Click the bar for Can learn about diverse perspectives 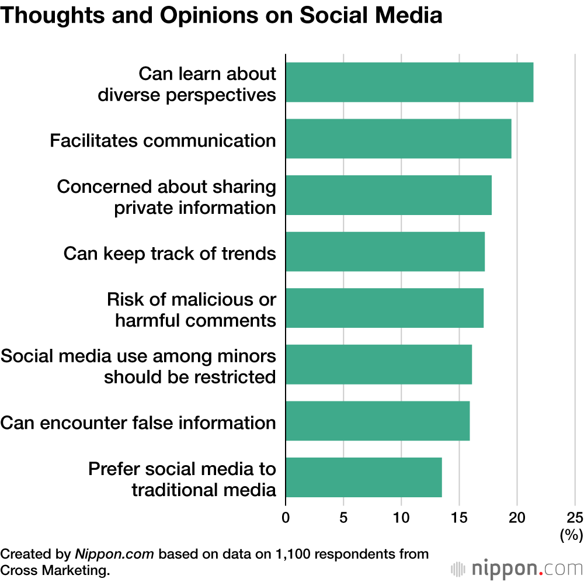409,82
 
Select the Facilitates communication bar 398,138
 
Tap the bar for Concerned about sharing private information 388,195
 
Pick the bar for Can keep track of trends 385,252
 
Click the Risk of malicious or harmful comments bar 384,308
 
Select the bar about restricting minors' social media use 378,365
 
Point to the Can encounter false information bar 377,421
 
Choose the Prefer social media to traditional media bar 363,477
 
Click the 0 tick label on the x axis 286,517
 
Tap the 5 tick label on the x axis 343,517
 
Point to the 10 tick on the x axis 401,517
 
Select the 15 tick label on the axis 459,517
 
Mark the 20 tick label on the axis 517,517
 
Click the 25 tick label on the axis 575,517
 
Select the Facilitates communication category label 163,141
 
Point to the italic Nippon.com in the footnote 114,554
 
